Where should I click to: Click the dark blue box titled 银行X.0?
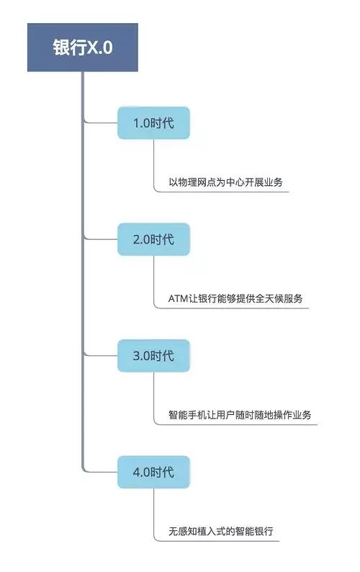coord(82,48)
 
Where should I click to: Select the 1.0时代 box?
coord(153,123)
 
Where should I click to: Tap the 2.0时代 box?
coord(153,239)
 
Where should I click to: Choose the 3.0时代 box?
coord(153,356)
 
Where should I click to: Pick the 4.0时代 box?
coord(153,472)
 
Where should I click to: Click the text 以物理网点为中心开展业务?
coord(225,182)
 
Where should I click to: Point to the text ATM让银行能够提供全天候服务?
coord(235,298)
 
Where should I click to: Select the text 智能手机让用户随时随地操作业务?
coord(240,415)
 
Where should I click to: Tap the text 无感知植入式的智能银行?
coord(220,531)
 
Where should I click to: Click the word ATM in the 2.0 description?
coord(178,298)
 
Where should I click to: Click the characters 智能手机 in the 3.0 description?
coord(187,415)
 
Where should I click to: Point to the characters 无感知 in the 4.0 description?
coord(183,531)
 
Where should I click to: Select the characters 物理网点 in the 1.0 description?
coord(197,182)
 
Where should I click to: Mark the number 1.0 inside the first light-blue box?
coord(142,123)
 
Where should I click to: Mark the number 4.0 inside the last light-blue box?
coord(142,473)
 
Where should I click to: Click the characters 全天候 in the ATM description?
coord(269,298)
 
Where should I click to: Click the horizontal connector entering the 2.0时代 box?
coord(102,239)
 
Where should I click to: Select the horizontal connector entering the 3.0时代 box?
coord(102,355)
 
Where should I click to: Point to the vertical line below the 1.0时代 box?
coord(153,164)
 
